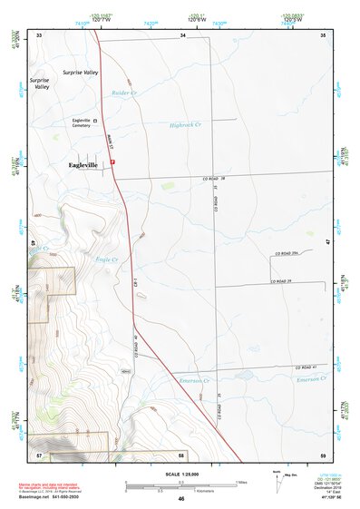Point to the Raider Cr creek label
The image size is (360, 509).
[x=122, y=93]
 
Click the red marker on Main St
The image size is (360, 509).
[x=113, y=162]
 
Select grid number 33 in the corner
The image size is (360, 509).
[x=38, y=34]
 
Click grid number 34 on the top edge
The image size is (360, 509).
[x=182, y=34]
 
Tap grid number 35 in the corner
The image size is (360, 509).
[x=324, y=34]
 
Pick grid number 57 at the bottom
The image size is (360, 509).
[x=38, y=455]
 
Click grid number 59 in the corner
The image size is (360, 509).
[x=324, y=455]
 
